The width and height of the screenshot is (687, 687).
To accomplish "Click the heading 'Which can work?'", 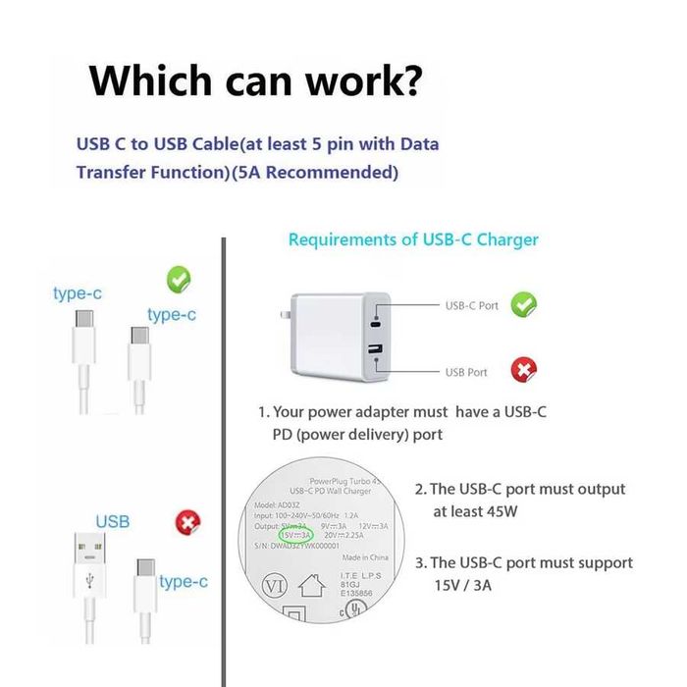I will click(x=256, y=79).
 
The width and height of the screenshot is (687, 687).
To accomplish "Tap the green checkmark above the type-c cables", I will click(x=178, y=280).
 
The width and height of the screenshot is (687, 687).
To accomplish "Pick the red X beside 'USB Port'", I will click(x=523, y=371).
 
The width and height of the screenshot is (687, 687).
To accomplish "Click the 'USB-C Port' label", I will click(x=471, y=305).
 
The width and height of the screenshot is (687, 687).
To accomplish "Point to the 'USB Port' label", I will click(x=466, y=372).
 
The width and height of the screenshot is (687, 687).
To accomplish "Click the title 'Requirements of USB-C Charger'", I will click(x=412, y=239).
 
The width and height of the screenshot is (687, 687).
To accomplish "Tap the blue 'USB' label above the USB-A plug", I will click(x=112, y=521).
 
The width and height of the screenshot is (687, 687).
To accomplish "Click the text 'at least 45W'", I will click(x=481, y=511).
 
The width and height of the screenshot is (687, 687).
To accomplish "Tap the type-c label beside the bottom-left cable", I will click(x=183, y=581).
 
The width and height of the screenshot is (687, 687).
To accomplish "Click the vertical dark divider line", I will click(x=225, y=461).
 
